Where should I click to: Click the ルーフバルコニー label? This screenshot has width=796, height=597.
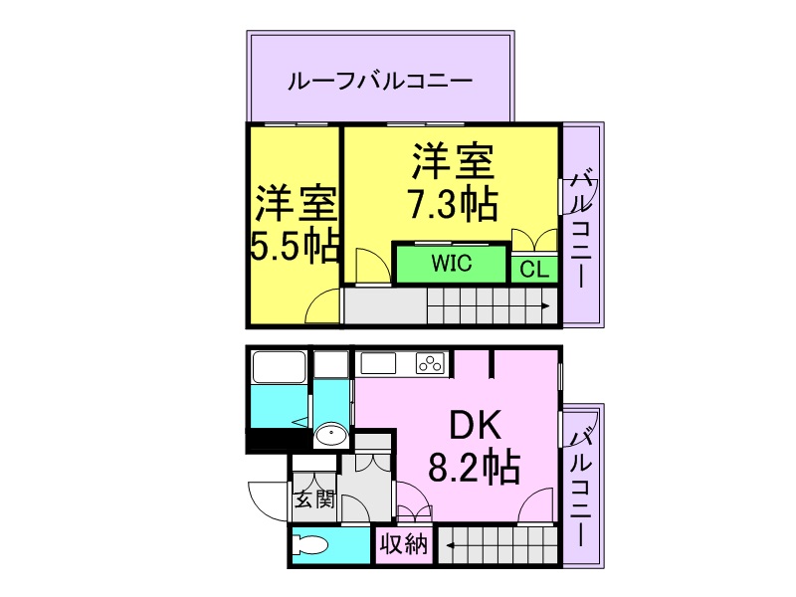380,82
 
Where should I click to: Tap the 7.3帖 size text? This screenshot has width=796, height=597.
453,204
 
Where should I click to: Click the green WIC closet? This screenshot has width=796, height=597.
452,263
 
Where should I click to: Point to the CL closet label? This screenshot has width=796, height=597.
534,269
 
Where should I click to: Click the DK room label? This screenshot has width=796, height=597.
476,426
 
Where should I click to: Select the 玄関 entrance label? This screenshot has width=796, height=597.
314,500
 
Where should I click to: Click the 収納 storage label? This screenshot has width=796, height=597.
404,544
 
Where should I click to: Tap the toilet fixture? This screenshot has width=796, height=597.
310,545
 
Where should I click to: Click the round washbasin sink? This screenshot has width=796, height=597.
330,435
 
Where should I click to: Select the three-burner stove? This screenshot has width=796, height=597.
430,363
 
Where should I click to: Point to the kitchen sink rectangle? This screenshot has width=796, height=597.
378,363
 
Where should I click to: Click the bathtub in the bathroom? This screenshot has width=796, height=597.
280,367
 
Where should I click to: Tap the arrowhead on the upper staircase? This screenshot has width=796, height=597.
545,306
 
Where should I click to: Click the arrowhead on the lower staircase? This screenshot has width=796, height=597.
451,545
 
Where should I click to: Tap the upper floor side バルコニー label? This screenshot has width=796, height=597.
582,230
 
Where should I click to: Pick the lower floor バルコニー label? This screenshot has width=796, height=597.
582,488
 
